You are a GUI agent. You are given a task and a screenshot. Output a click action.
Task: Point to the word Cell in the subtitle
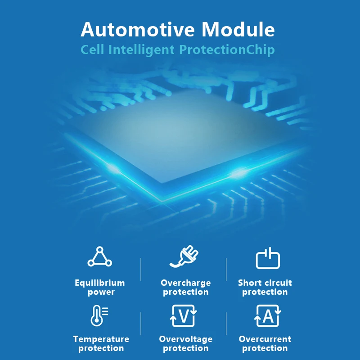pyautogui.click(x=93, y=49)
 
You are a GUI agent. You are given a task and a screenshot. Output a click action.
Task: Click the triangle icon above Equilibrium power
pyautogui.click(x=100, y=257)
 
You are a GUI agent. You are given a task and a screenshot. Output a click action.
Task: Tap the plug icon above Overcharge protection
pyautogui.click(x=184, y=257)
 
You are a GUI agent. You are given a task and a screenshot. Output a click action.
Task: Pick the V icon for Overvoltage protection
pyautogui.click(x=184, y=315)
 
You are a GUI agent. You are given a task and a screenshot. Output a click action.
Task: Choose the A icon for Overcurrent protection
pyautogui.click(x=268, y=315)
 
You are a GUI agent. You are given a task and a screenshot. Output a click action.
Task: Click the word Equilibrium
pyautogui.click(x=100, y=283)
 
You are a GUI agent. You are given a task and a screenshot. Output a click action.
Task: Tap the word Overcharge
pyautogui.click(x=185, y=283)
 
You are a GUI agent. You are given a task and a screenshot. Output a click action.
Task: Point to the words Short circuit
pyautogui.click(x=265, y=283)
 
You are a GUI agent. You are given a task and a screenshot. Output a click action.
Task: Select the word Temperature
pyautogui.click(x=101, y=339)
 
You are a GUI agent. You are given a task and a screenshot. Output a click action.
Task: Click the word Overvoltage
pyautogui.click(x=185, y=339)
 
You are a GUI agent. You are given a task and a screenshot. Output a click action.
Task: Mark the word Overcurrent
pyautogui.click(x=265, y=339)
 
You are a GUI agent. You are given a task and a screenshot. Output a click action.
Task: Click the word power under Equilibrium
pyautogui.click(x=101, y=292)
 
